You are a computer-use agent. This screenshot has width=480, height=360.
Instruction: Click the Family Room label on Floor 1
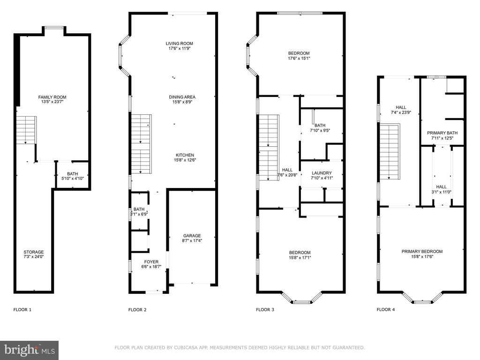52,97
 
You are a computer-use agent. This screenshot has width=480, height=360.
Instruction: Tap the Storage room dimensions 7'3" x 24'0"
34,257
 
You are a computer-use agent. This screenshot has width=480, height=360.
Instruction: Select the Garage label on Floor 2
192,236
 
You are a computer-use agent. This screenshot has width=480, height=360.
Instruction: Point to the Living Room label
180,44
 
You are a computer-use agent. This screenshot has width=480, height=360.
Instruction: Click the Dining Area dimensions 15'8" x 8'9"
182,102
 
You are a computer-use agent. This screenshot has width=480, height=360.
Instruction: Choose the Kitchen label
185,155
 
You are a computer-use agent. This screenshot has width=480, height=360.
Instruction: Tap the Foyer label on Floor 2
151,262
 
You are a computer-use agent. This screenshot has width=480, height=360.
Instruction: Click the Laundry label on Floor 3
322,173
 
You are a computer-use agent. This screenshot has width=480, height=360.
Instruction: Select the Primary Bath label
442,133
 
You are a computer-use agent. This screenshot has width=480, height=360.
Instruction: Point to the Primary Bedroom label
422,251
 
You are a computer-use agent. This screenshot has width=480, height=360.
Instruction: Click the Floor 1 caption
22,309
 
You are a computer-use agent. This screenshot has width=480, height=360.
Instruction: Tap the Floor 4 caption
386,309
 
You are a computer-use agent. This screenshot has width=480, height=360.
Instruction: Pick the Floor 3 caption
265,309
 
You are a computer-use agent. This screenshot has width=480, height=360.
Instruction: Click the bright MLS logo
30,350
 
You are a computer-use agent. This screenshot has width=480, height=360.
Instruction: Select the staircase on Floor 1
26,130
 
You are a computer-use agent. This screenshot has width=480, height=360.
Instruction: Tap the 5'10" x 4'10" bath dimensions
73,179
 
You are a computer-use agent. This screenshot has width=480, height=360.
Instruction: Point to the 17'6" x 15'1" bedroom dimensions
299,58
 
